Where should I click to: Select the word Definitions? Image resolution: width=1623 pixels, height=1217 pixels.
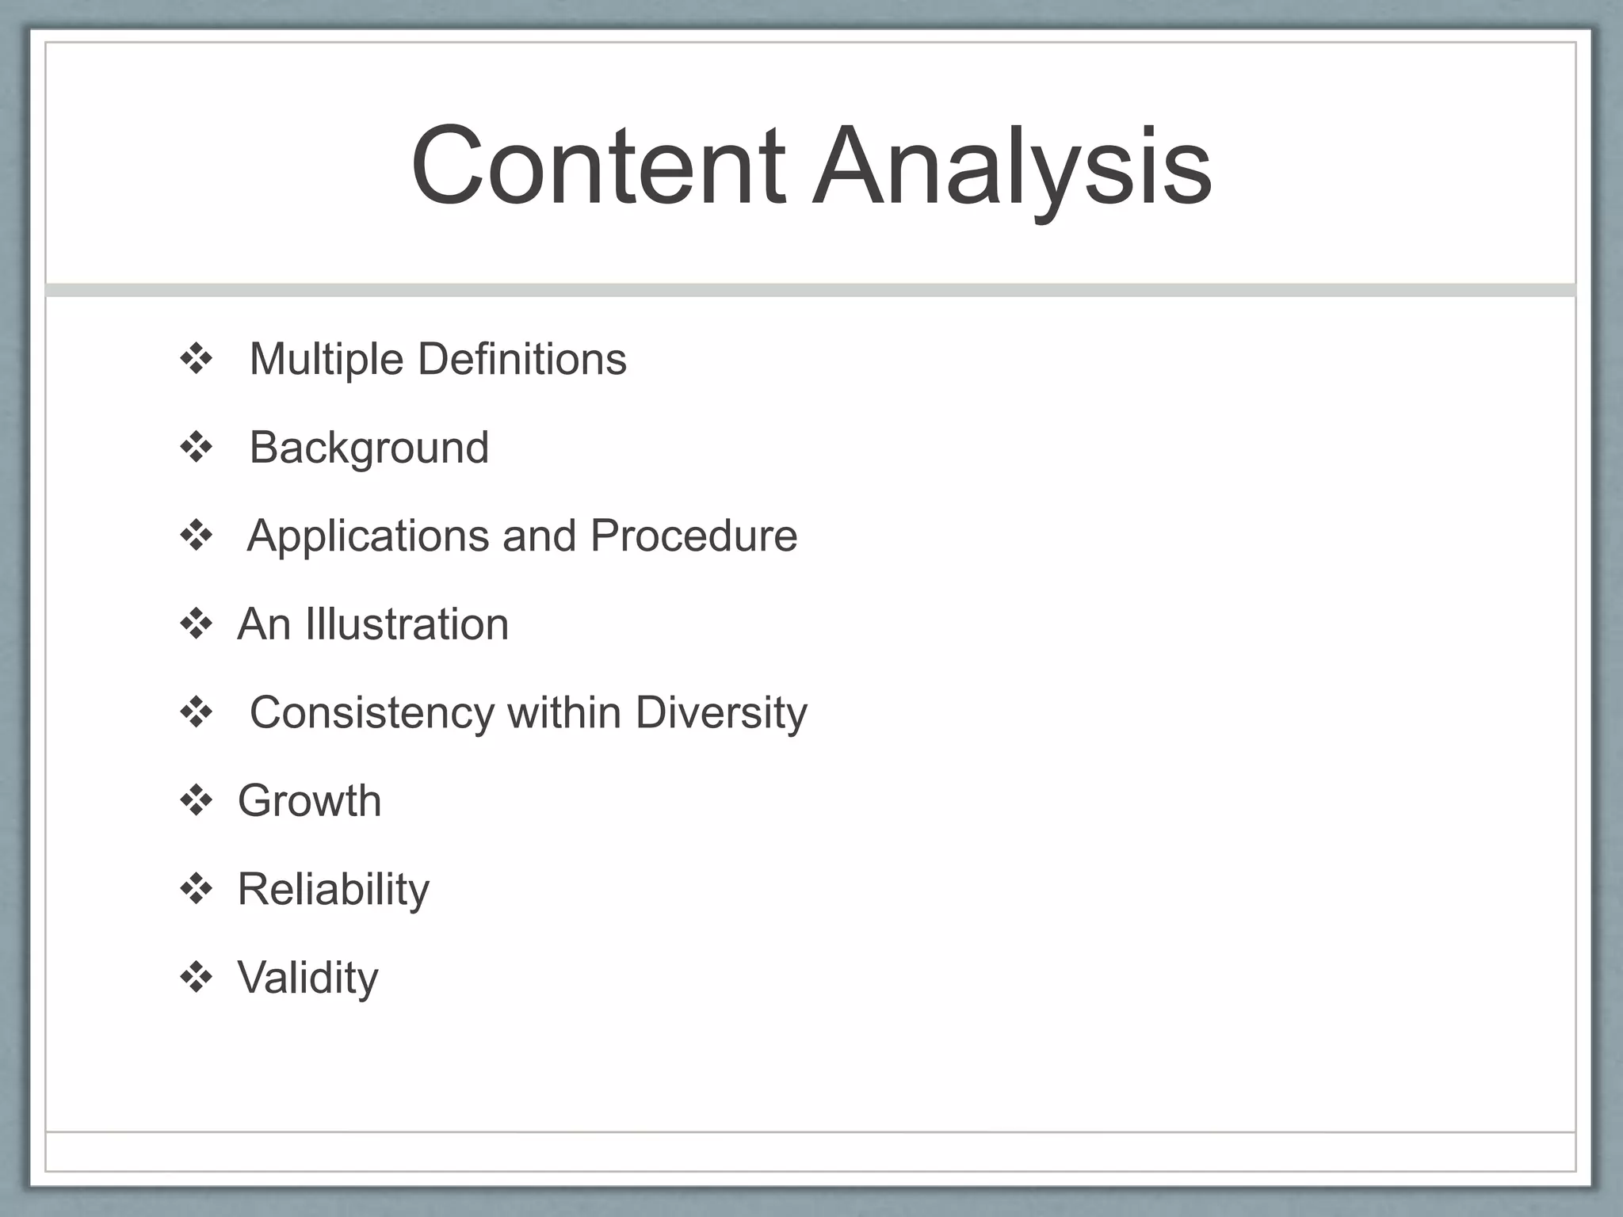tap(521, 359)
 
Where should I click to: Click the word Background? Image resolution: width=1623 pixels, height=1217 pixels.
tap(369, 448)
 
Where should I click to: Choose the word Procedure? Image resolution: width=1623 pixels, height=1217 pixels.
tap(693, 536)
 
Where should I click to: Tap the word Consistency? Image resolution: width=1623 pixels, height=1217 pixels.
tap(372, 713)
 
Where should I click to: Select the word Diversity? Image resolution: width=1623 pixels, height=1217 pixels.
tap(720, 713)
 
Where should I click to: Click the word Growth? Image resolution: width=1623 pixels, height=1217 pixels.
tap(309, 801)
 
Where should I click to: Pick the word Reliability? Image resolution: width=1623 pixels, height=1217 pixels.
tap(333, 890)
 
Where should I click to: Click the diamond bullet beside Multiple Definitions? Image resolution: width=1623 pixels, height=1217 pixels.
tap(197, 360)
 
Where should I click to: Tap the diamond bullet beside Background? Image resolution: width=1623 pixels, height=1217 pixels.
tap(197, 448)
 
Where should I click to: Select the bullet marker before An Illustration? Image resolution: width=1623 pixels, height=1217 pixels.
tap(197, 624)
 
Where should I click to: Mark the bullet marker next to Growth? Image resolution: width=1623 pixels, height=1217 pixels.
tap(197, 801)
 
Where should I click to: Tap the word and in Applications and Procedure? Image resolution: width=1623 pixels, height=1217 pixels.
tap(539, 536)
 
